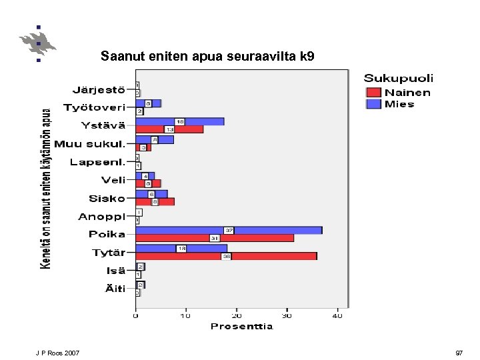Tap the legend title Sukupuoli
[x=398, y=79]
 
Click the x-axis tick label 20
[x=236, y=315]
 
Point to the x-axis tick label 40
[x=337, y=315]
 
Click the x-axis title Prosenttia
[x=241, y=326]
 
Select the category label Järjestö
[x=99, y=89]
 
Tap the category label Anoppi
[x=101, y=217]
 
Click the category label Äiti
[x=114, y=289]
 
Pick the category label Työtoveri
[x=94, y=107]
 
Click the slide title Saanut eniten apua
[x=207, y=57]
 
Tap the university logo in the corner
[x=38, y=43]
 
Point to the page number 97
[x=459, y=352]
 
